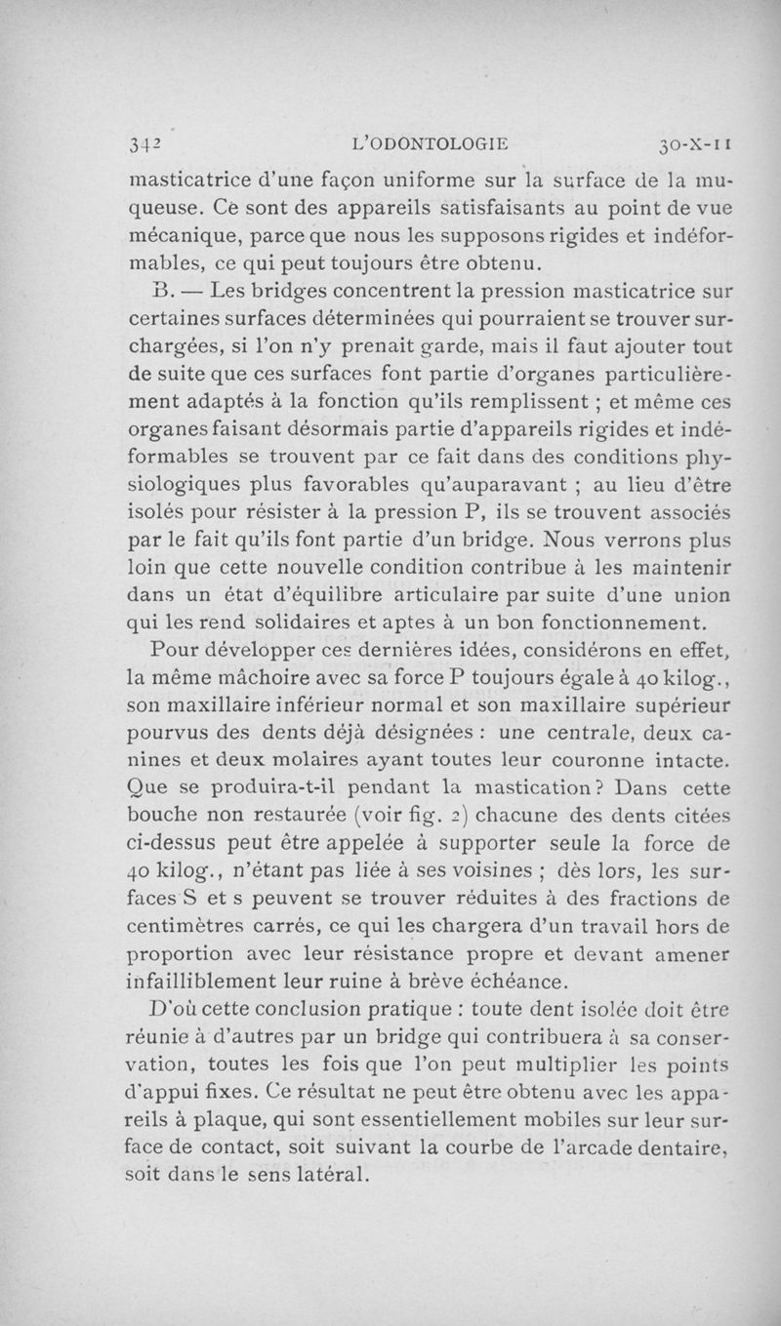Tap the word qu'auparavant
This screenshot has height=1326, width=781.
click(485, 485)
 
